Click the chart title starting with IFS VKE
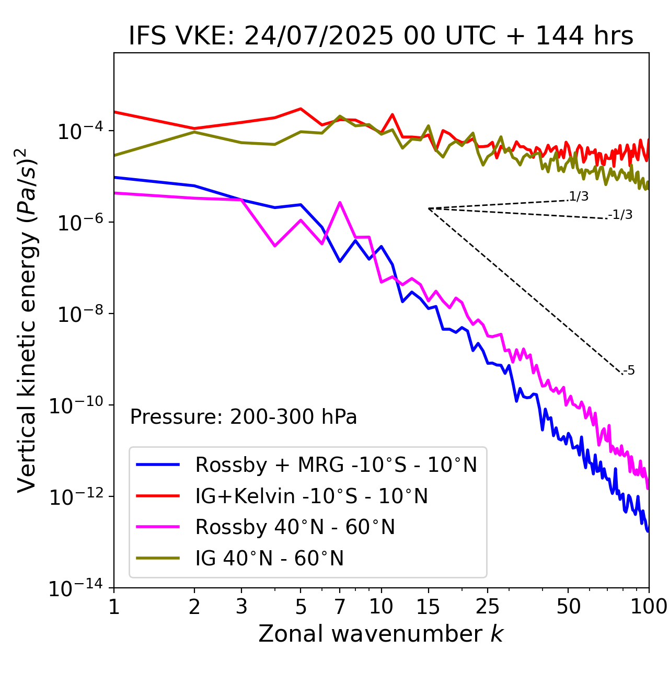click(x=381, y=37)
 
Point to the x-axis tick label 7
click(x=340, y=607)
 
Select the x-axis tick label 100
click(x=648, y=607)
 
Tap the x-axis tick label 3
click(x=241, y=607)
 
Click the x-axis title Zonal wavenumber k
click(x=380, y=634)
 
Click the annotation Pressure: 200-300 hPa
click(x=243, y=417)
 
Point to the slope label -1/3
click(x=621, y=215)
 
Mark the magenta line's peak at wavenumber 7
click(x=340, y=203)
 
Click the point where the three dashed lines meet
click(x=429, y=208)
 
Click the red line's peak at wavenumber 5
click(x=301, y=109)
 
